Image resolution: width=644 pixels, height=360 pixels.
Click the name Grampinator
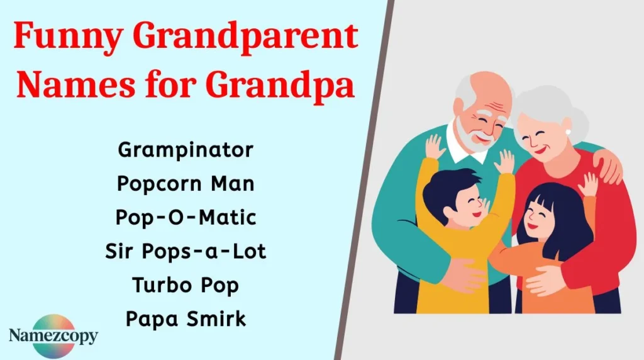coord(186,150)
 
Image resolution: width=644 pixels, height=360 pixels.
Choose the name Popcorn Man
coord(186,184)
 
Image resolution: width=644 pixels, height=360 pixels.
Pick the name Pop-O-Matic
coord(186,218)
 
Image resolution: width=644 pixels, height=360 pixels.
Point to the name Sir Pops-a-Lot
coord(186,252)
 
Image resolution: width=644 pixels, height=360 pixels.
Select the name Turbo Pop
coord(186,285)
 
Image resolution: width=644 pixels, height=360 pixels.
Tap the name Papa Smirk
coord(186,318)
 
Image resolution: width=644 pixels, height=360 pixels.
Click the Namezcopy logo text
coord(53,335)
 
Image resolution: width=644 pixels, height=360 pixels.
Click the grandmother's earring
coord(568,132)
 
